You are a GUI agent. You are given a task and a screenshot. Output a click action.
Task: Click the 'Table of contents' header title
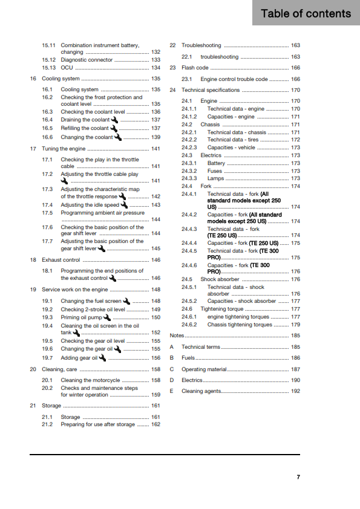[306, 14]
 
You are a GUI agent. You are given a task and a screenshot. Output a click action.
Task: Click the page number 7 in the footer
[298, 478]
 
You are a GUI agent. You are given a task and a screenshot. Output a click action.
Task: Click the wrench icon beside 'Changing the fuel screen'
[126, 300]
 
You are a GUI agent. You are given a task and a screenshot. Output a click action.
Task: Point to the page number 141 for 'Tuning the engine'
[155, 149]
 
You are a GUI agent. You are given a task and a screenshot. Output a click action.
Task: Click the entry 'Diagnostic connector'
[87, 60]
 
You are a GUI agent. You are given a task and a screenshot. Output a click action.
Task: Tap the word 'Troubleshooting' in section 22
[201, 45]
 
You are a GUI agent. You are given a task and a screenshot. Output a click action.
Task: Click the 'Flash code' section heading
[195, 68]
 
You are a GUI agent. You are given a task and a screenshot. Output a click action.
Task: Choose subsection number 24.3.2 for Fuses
[189, 171]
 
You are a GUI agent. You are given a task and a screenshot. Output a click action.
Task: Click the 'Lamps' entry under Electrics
[215, 178]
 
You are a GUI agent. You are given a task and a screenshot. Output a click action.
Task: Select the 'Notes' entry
[177, 336]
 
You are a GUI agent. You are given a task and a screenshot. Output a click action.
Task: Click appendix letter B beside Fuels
[172, 358]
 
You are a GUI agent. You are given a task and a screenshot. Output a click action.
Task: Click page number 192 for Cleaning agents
[295, 391]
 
